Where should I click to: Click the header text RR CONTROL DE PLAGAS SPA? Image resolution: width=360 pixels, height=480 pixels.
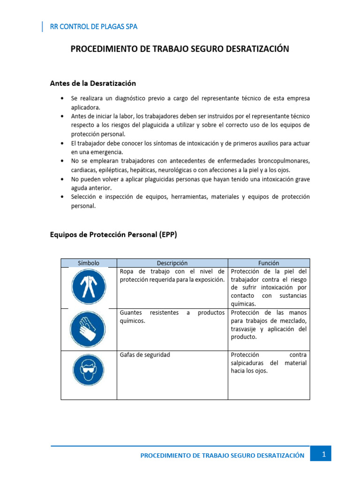pos(94,27)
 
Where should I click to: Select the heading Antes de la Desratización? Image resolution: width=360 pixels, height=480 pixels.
pos(93,83)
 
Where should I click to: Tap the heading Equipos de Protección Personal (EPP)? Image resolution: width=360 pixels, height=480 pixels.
pos(113,235)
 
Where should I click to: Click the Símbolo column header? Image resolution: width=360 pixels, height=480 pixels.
pos(89,263)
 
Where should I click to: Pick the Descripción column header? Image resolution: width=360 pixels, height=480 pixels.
pos(172,263)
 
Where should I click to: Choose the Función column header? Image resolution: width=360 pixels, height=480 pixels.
pos(269,263)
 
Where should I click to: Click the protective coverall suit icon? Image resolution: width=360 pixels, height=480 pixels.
pos(89,286)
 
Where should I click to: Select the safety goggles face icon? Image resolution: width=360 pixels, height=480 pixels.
pos(89,369)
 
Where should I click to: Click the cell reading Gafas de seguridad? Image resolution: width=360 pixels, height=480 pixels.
pos(145,355)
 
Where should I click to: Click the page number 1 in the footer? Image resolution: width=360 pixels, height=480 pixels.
pos(323,454)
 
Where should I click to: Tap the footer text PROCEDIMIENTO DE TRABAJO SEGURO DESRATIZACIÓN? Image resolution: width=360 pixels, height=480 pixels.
pos(222,455)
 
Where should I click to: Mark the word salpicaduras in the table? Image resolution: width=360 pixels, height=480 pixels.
pos(248,363)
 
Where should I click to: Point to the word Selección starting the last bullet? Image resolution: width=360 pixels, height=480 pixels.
pos(84,197)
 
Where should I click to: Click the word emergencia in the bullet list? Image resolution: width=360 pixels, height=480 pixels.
pos(106,152)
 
